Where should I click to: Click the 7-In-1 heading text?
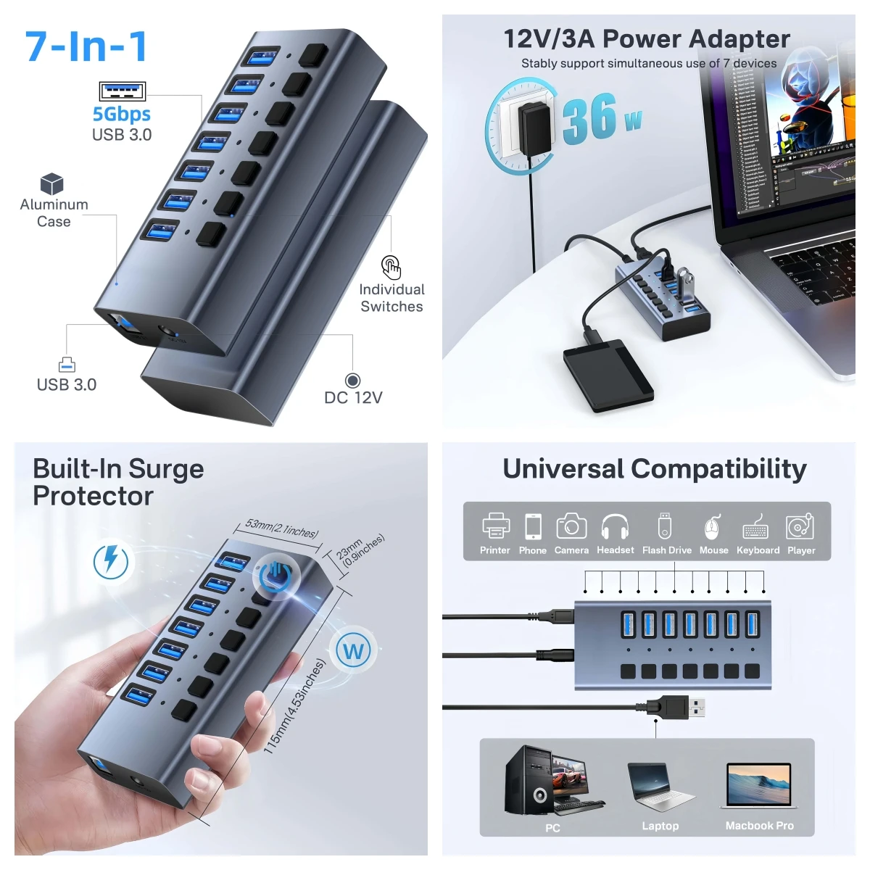point(87,46)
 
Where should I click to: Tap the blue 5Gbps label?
point(121,115)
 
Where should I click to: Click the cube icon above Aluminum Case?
point(52,183)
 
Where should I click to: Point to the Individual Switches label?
point(391,298)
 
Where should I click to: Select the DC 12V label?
point(353,397)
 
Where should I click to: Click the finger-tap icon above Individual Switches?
point(391,267)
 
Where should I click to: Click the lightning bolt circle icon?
point(111,561)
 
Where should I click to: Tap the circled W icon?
point(353,650)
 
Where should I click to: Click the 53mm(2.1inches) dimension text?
point(281,528)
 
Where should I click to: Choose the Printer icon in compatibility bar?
point(495,526)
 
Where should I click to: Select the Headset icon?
point(615,527)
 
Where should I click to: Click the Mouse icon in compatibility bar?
point(713,527)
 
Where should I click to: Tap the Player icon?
point(800,527)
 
